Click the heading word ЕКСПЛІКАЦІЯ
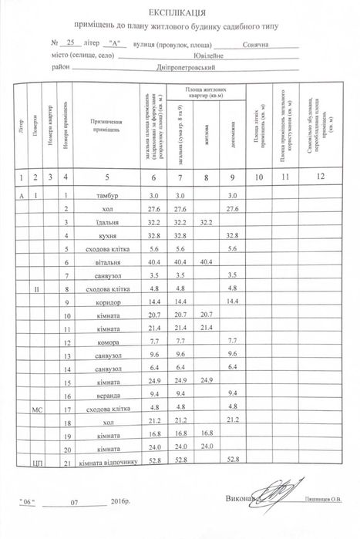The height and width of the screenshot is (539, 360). [180, 12]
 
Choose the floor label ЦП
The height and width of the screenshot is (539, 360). [36, 463]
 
